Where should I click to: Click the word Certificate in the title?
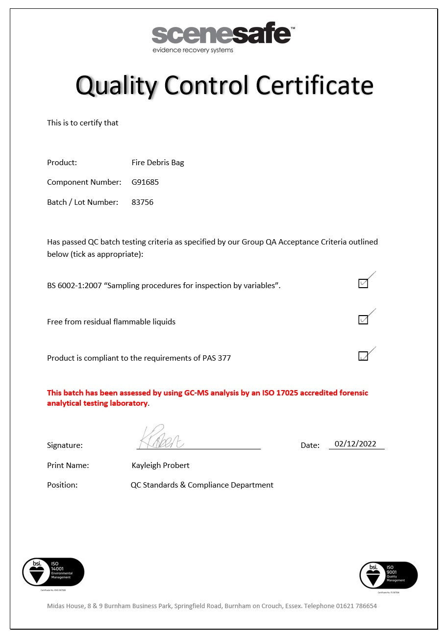pos(314,85)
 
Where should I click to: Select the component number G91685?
pos(145,182)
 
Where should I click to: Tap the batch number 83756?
pos(143,202)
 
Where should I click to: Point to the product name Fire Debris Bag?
pos(158,163)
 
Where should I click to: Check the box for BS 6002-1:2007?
pos(363,283)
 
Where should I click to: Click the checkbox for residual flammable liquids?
pos(363,319)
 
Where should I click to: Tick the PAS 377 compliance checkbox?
pos(363,356)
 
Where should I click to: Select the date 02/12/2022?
pos(355,444)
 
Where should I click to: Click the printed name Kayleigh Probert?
pos(160,466)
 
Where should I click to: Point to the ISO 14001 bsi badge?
pos(53,572)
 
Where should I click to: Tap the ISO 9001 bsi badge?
pos(388,575)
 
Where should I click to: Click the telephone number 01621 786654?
pos(356,606)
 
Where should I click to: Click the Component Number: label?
pos(84,182)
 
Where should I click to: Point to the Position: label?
pos(62,485)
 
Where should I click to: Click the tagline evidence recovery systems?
pos(193,50)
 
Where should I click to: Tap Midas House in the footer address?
pos(66,606)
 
